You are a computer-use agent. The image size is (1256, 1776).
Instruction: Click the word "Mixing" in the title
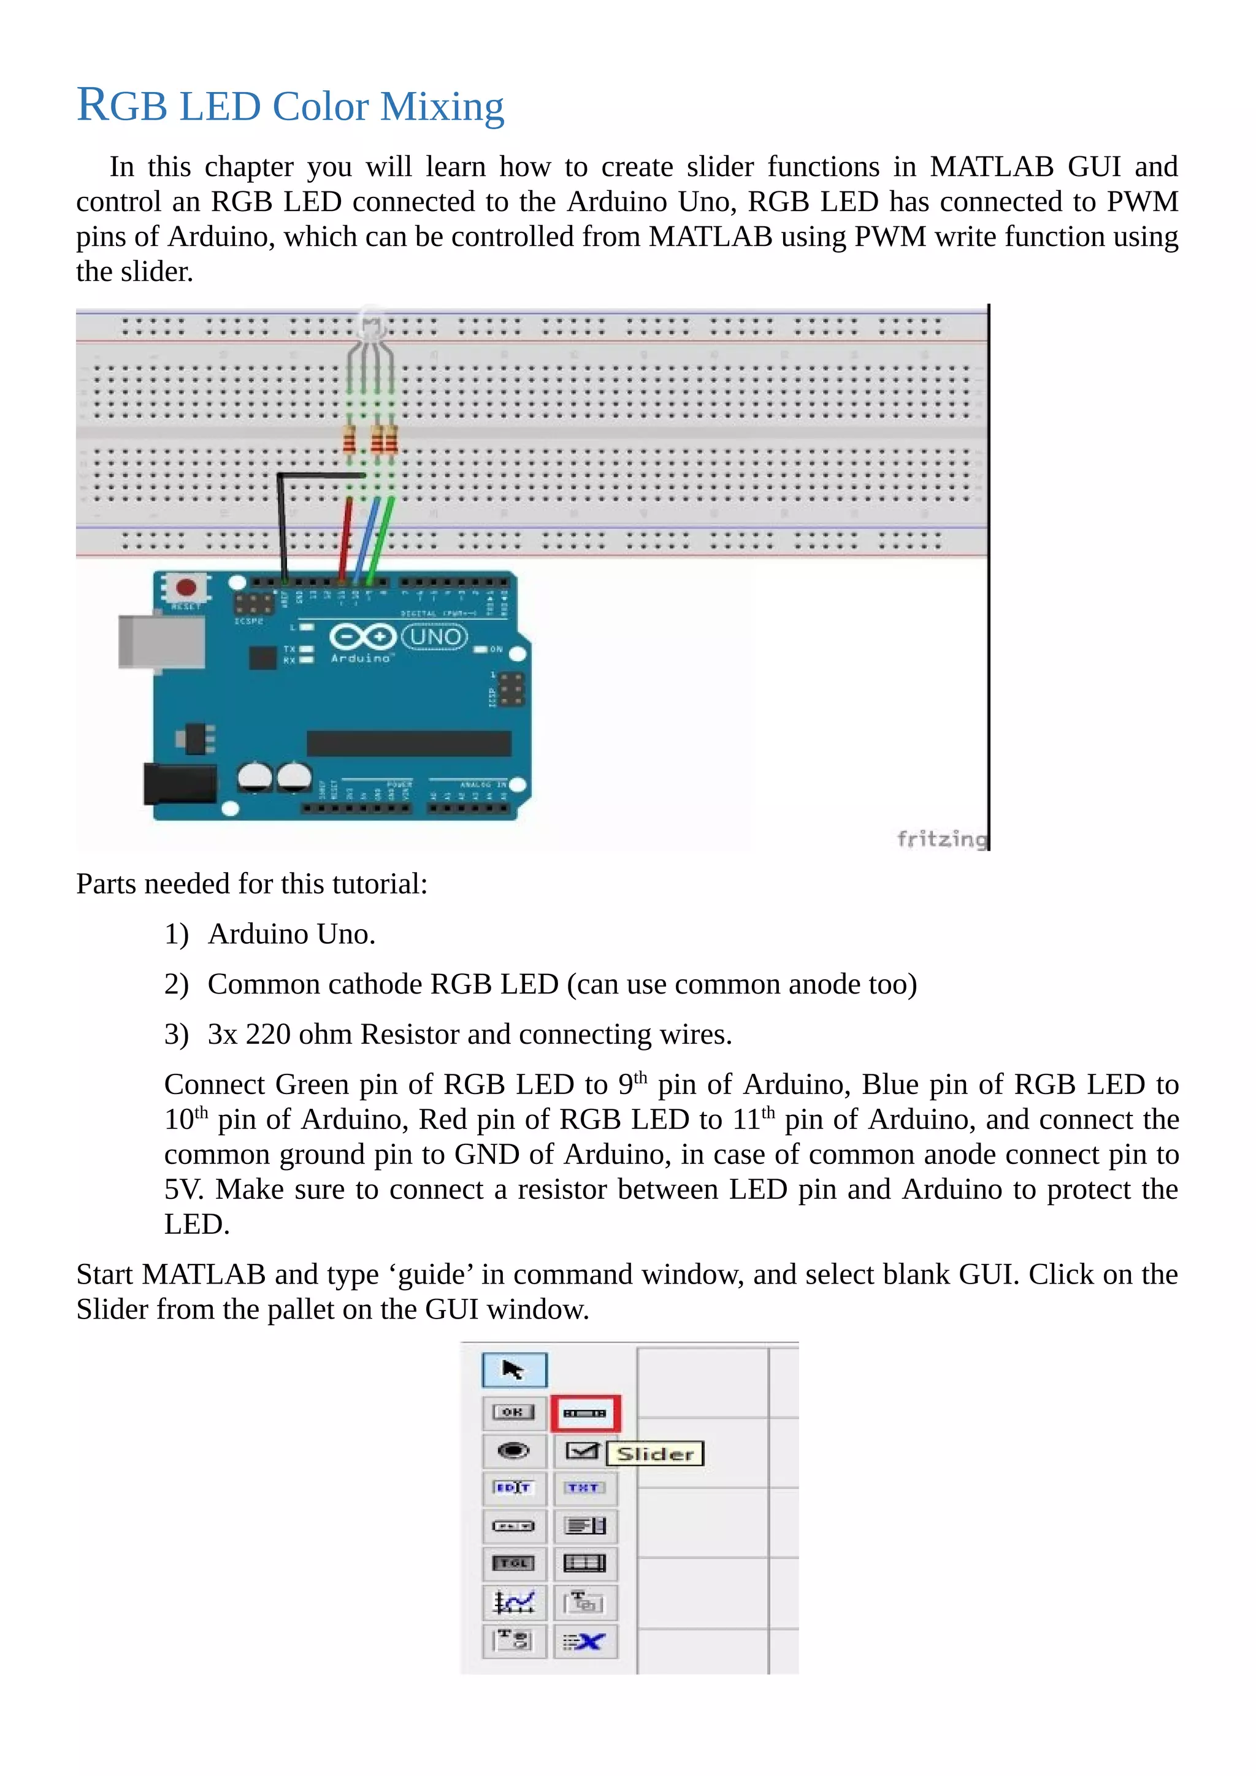tap(442, 107)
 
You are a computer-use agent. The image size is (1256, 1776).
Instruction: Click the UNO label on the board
tap(435, 637)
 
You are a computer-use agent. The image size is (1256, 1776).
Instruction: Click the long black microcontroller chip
tap(408, 743)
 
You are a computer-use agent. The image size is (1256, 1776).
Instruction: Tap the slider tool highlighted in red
tap(584, 1413)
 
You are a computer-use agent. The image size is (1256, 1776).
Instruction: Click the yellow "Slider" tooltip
tap(655, 1453)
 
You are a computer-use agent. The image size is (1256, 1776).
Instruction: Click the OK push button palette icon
tap(513, 1412)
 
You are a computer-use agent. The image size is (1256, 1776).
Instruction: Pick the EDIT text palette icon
tap(513, 1488)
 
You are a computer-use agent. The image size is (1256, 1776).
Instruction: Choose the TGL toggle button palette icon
tap(513, 1563)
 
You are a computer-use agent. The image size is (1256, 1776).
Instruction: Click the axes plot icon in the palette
tap(513, 1601)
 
